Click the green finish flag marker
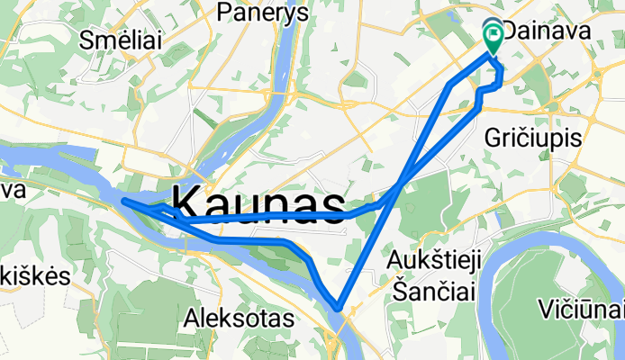coord(494,37)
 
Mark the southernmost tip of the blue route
coord(339,307)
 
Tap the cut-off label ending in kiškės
coord(34,276)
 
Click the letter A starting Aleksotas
coord(191,319)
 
